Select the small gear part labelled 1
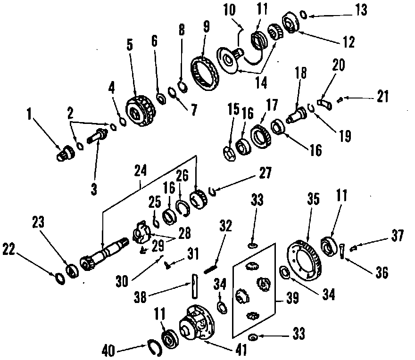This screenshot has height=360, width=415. pyautogui.click(x=63, y=154)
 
